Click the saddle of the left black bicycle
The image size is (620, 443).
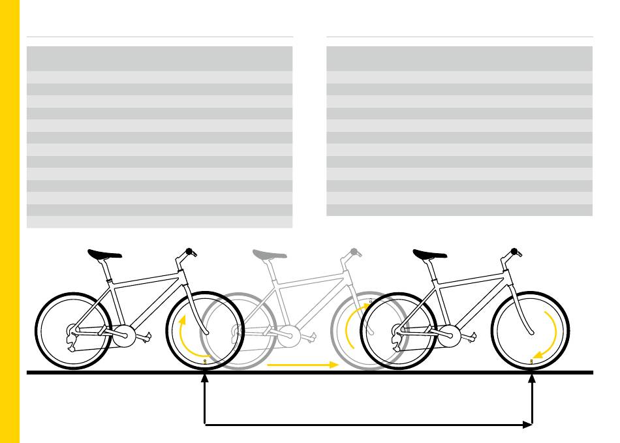[104, 254]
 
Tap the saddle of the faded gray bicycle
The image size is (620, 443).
[270, 254]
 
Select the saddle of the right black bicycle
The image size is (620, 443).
[429, 254]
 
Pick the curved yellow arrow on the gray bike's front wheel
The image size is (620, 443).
[352, 329]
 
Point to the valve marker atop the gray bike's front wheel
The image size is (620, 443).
[371, 301]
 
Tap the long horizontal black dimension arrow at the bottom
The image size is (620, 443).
[369, 425]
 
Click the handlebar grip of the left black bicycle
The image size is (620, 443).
[191, 251]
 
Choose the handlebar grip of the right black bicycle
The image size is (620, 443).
[515, 251]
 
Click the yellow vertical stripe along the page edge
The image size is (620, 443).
[10, 222]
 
